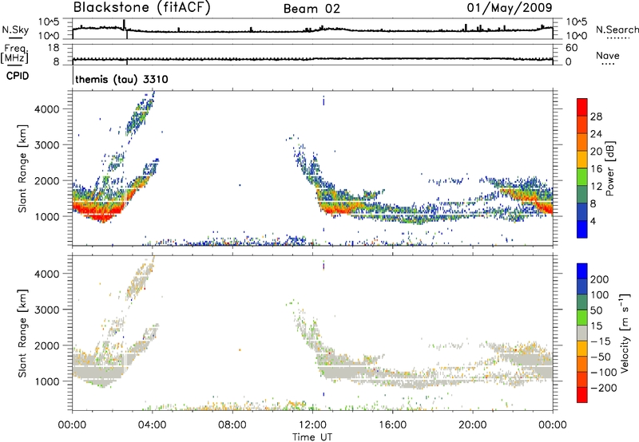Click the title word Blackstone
[110, 8]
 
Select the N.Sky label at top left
[14, 30]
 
